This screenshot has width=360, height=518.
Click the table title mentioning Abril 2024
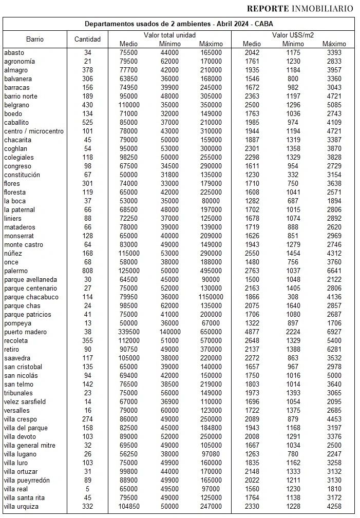pyautogui.click(x=179, y=24)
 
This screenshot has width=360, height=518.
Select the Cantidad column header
pyautogui.click(x=87, y=39)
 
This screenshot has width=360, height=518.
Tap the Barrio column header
pyautogui.click(x=34, y=39)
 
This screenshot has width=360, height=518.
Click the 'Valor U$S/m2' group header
pyautogui.click(x=293, y=34)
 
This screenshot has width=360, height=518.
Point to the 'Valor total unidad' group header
pyautogui.click(x=169, y=34)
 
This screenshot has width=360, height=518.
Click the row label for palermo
pyautogui.click(x=15, y=271)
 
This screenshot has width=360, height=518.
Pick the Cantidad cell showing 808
pyautogui.click(x=87, y=271)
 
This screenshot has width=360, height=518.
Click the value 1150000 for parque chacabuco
pyautogui.click(x=211, y=297)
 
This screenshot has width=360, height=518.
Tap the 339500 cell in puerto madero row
pyautogui.click(x=128, y=332)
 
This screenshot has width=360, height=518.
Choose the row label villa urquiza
pyautogui.click(x=22, y=506)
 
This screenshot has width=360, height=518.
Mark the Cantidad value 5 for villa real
pyautogui.click(x=87, y=489)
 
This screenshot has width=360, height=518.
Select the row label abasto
pyautogui.click(x=14, y=52)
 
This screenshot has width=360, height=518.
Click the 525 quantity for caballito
pyautogui.click(x=87, y=122)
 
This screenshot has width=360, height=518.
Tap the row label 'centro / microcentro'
pyautogui.click(x=34, y=131)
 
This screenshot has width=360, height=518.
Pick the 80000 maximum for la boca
pyautogui.click(x=211, y=201)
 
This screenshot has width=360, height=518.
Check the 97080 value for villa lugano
pyautogui.click(x=211, y=454)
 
